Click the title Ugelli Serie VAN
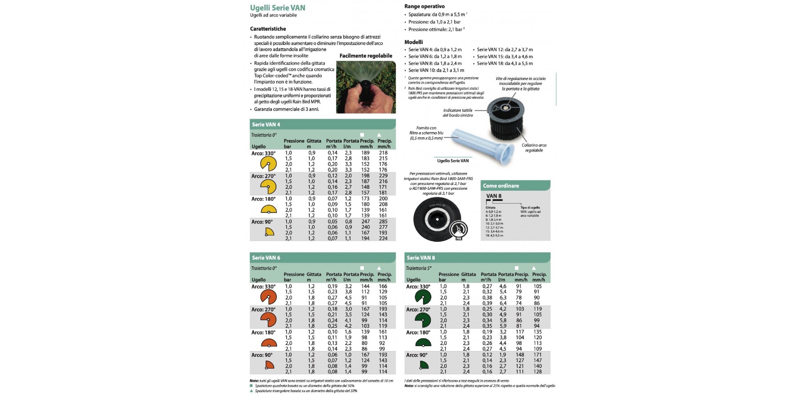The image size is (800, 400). coord(277,8)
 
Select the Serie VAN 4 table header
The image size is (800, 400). coord(266,124)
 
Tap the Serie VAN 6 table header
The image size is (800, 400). coord(266,258)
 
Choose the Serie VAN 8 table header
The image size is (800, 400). coord(421,258)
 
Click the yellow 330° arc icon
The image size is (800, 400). coord(268,164)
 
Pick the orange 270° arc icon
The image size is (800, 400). coord(268,320)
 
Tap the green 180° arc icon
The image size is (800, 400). coord(423,342)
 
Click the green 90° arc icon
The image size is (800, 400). coord(424,365)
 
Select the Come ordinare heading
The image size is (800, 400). coord(501,186)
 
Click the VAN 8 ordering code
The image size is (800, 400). coord(494,196)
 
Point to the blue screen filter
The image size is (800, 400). coord(480,142)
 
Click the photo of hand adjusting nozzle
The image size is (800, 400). coord(366,87)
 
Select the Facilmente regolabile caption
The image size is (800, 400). coord(366,56)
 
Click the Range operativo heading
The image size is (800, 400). coord(424,6)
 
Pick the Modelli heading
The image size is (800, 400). coord(414,42)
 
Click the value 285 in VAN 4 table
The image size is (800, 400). coord(383,221)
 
